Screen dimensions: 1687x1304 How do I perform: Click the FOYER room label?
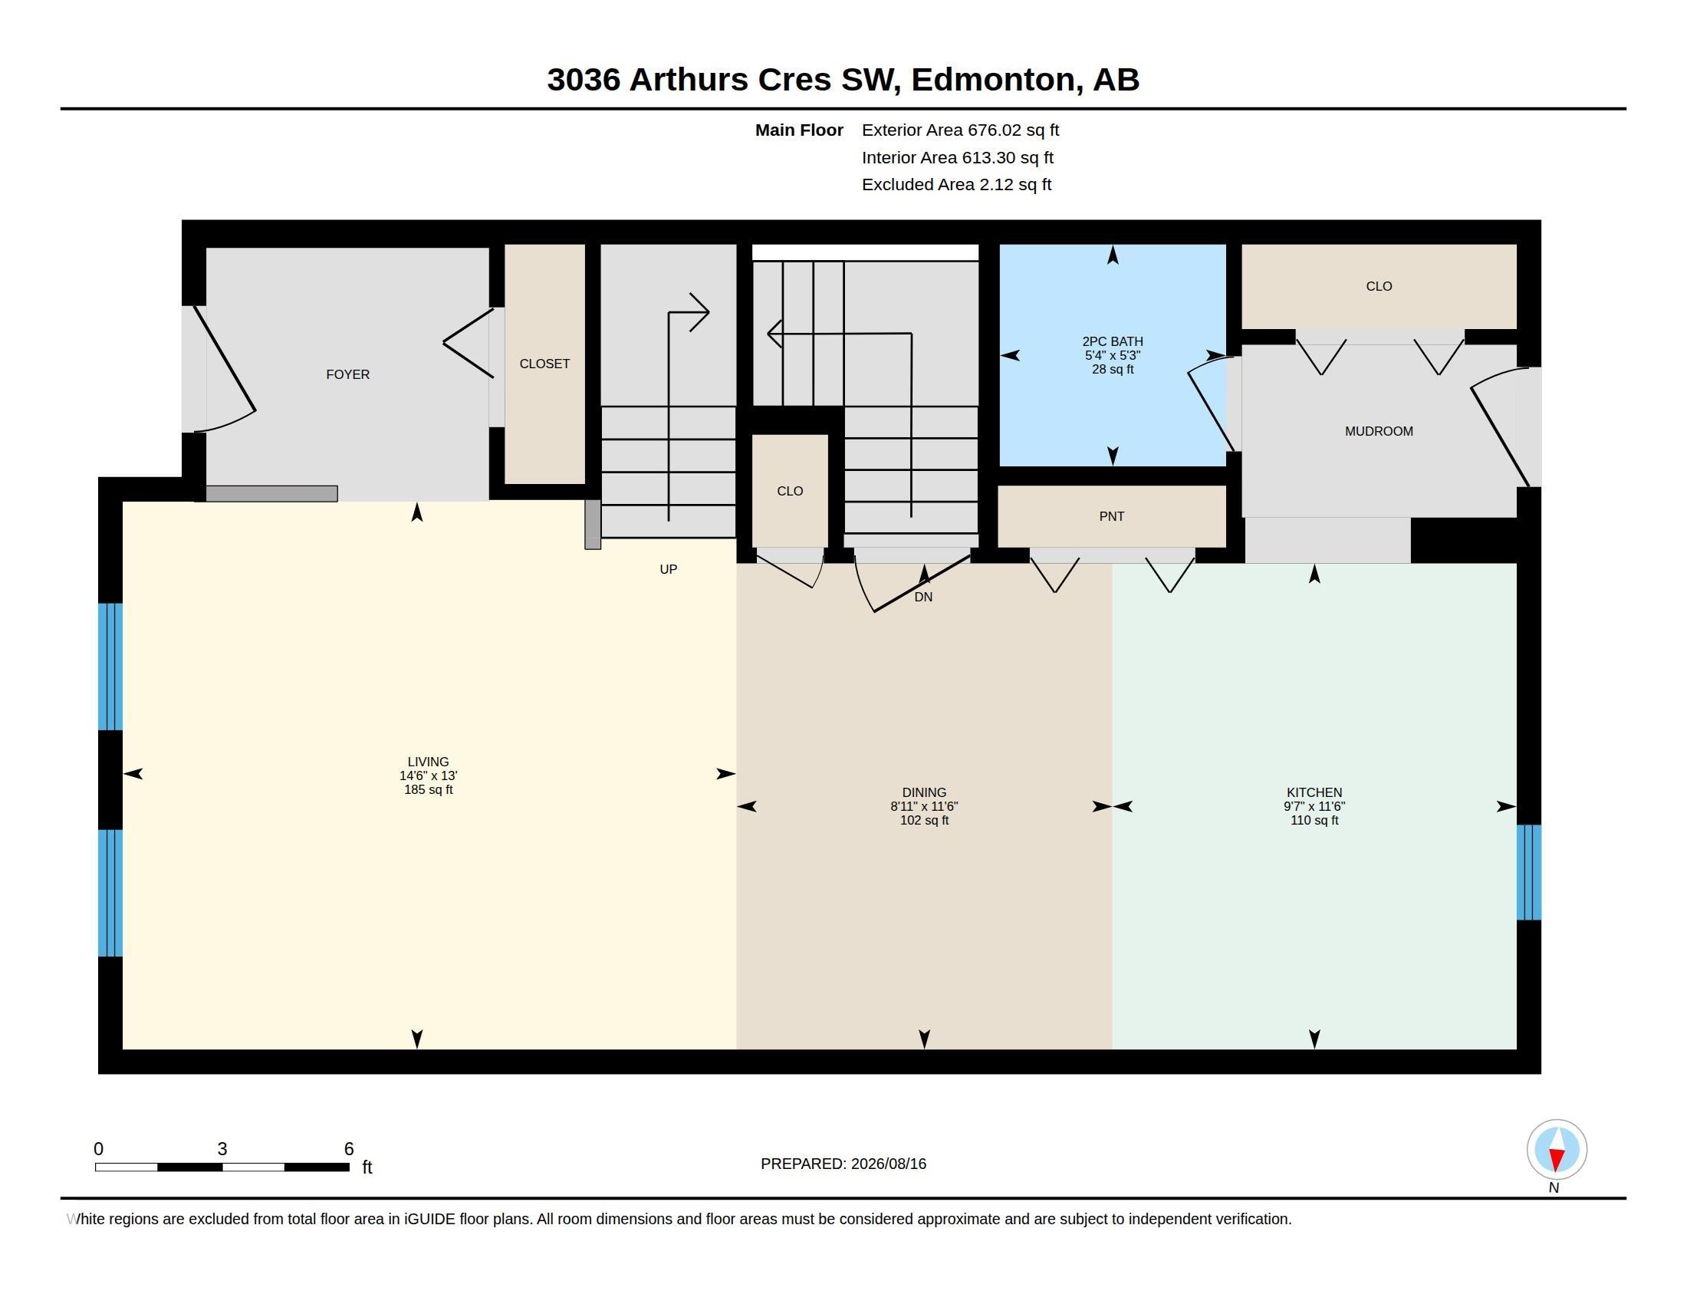click(x=347, y=374)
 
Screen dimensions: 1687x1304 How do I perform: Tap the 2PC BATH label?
click(x=1113, y=341)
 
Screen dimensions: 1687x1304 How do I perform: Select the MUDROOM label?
click(x=1379, y=432)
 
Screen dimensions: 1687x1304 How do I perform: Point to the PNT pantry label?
click(x=1112, y=517)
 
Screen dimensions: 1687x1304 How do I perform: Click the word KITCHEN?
click(x=1314, y=792)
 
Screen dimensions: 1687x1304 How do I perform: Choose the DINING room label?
click(x=924, y=792)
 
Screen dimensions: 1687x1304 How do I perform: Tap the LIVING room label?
click(x=428, y=762)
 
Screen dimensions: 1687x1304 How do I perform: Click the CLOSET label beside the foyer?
click(x=544, y=364)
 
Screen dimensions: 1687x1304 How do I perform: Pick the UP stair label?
click(x=668, y=569)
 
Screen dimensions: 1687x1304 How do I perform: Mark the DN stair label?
click(x=923, y=597)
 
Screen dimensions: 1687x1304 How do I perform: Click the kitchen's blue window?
click(x=1528, y=872)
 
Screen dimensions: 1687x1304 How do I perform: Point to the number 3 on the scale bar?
click(x=222, y=1149)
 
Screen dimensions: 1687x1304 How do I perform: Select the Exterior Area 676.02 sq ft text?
click(x=960, y=130)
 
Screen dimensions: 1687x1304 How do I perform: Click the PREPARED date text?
click(x=843, y=1164)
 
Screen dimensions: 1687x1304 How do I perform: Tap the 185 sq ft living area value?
click(x=428, y=789)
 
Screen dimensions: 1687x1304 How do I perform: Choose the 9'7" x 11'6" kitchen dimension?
click(x=1314, y=806)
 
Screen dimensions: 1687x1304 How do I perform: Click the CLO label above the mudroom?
click(x=1379, y=287)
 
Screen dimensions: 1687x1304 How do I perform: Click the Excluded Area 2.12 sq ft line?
click(x=956, y=185)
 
